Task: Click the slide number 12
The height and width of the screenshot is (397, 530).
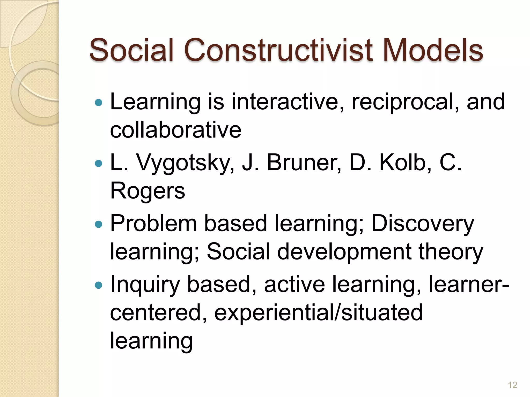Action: (x=512, y=385)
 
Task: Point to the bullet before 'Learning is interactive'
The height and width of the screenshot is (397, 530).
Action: (x=99, y=103)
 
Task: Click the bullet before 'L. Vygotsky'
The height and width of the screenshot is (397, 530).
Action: (x=99, y=163)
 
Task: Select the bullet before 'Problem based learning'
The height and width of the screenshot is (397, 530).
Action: (x=99, y=224)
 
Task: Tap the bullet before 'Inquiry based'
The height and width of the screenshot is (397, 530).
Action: (x=99, y=285)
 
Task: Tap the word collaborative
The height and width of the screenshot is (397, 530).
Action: (x=176, y=130)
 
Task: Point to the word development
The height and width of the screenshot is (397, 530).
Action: (x=344, y=252)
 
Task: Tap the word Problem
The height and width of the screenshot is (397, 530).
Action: (x=154, y=223)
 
